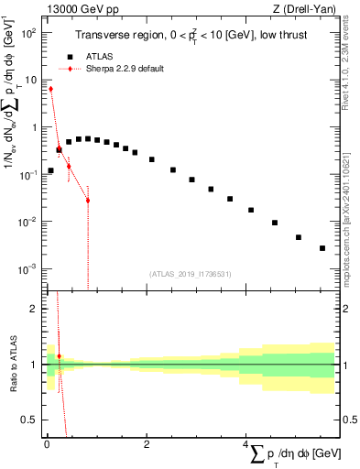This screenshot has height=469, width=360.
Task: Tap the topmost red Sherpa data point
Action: (x=50, y=89)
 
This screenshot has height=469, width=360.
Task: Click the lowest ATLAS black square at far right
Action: (x=322, y=248)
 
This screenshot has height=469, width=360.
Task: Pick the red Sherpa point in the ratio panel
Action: (x=59, y=355)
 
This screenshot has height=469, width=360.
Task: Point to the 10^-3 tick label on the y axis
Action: (x=29, y=268)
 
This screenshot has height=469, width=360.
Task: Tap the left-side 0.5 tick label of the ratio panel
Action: (x=30, y=420)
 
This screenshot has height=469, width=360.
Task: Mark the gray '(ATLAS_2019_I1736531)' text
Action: (x=189, y=274)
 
